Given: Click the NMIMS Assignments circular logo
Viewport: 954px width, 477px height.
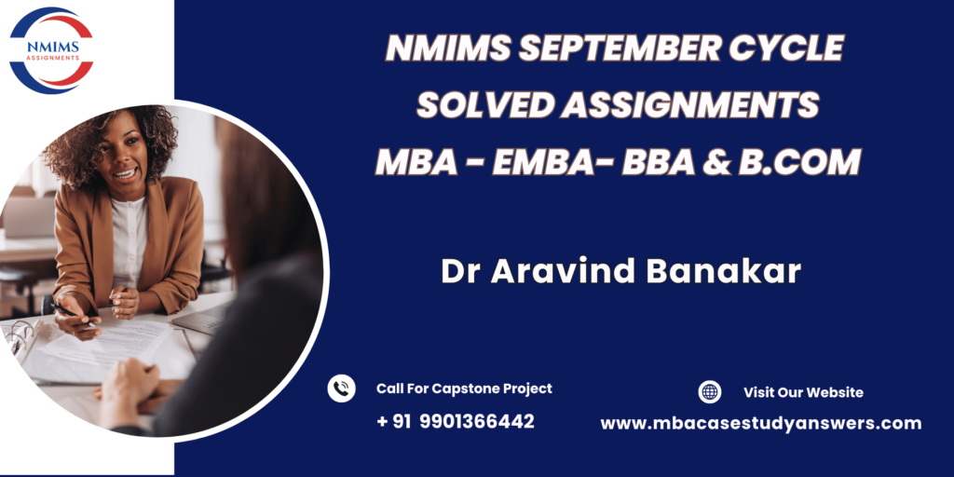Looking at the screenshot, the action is click(x=52, y=50).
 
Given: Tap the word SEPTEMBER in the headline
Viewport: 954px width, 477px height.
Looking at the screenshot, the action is click(x=618, y=48).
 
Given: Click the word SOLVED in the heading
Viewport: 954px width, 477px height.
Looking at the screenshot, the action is click(x=484, y=104).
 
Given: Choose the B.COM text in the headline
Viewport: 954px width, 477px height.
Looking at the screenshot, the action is click(x=799, y=162).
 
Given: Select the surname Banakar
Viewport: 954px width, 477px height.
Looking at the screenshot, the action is click(x=723, y=271).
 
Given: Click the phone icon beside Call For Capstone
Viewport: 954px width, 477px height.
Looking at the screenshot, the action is click(x=341, y=388).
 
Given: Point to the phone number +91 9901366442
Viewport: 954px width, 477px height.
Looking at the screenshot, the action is click(x=456, y=421).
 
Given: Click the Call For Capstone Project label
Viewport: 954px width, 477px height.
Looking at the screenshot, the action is click(x=464, y=388).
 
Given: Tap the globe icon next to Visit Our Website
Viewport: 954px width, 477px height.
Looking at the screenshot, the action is click(x=709, y=392).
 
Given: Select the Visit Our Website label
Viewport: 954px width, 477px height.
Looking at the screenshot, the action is click(x=803, y=392).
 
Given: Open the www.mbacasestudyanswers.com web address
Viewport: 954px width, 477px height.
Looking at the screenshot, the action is click(x=761, y=424).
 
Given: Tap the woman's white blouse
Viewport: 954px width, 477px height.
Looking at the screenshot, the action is click(x=129, y=242).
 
